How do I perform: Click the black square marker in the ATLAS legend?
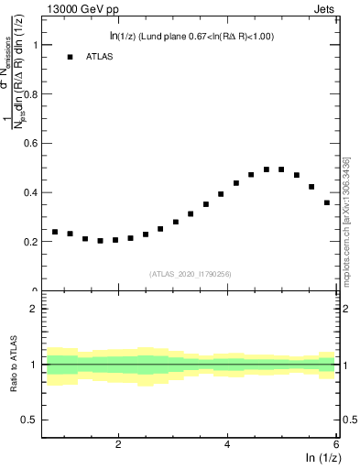point(70,57)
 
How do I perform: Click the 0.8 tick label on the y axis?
point(30,94)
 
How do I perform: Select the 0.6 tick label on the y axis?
point(30,144)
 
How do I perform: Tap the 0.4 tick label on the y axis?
point(30,193)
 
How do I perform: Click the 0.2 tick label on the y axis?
point(30,243)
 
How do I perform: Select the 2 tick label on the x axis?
point(118,444)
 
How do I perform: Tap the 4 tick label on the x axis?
point(227,444)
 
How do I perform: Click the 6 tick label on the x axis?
point(336,444)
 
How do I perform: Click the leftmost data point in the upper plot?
point(55,232)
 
